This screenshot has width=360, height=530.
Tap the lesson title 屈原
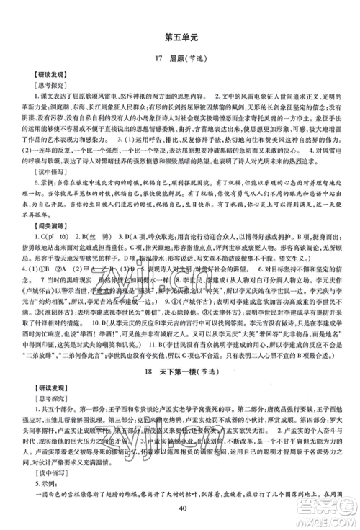click(x=177, y=58)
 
